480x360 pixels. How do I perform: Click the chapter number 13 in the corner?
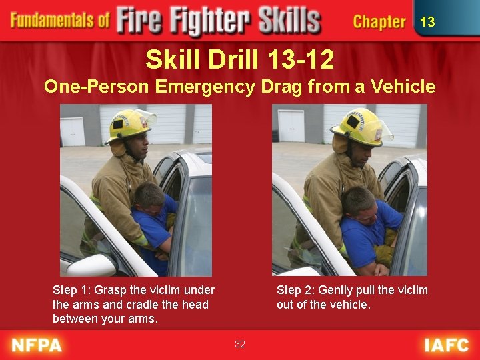click(x=427, y=22)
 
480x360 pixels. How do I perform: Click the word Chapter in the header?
click(x=379, y=22)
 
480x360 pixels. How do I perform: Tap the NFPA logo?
click(x=37, y=345)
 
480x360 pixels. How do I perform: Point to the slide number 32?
click(x=240, y=344)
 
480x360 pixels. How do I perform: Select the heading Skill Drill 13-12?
click(x=240, y=60)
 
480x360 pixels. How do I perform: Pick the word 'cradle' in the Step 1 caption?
click(x=134, y=305)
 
